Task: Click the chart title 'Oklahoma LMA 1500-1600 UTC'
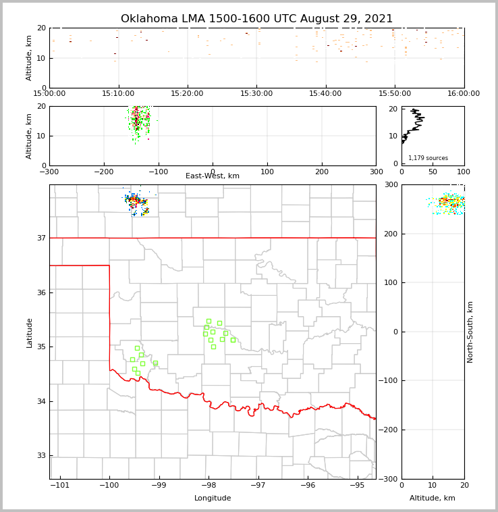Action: pyautogui.click(x=256, y=19)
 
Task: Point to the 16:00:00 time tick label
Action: pyautogui.click(x=464, y=93)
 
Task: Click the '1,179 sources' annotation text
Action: pyautogui.click(x=428, y=158)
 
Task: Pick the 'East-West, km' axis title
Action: pyautogui.click(x=213, y=176)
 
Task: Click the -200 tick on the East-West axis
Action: pyautogui.click(x=103, y=172)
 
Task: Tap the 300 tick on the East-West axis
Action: pyautogui.click(x=376, y=172)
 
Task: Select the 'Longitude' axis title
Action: pyautogui.click(x=213, y=498)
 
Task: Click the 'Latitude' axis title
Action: pyautogui.click(x=29, y=332)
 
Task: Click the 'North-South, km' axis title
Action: pyautogui.click(x=470, y=332)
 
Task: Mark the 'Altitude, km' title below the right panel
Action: pyautogui.click(x=433, y=498)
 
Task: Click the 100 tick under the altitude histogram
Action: pyautogui.click(x=464, y=172)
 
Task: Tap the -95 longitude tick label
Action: pyautogui.click(x=357, y=485)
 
